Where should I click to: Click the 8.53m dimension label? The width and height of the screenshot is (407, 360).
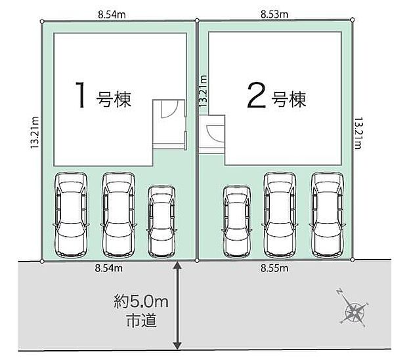click(274, 14)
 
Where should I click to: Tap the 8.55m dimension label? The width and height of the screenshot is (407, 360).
click(274, 268)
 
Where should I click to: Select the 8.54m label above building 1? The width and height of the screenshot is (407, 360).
click(112, 14)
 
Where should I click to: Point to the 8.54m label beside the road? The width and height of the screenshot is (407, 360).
click(108, 268)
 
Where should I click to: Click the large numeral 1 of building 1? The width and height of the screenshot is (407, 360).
click(81, 94)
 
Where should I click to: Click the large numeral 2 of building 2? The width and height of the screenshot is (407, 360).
click(257, 96)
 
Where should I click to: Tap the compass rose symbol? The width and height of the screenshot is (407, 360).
click(354, 309)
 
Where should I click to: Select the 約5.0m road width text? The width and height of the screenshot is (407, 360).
click(141, 302)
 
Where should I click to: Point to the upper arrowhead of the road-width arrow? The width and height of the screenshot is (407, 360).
click(177, 265)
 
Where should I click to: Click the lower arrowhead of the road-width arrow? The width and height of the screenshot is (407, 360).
click(177, 346)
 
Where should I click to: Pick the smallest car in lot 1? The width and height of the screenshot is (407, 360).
click(161, 221)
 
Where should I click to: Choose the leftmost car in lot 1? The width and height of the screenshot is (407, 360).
click(71, 215)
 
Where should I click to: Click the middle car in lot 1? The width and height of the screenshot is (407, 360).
click(119, 215)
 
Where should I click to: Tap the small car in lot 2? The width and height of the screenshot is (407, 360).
click(237, 221)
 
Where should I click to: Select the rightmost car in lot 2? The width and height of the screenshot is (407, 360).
click(328, 215)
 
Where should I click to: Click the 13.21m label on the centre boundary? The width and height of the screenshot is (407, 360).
click(203, 90)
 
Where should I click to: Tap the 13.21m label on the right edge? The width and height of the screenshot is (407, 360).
click(358, 133)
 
